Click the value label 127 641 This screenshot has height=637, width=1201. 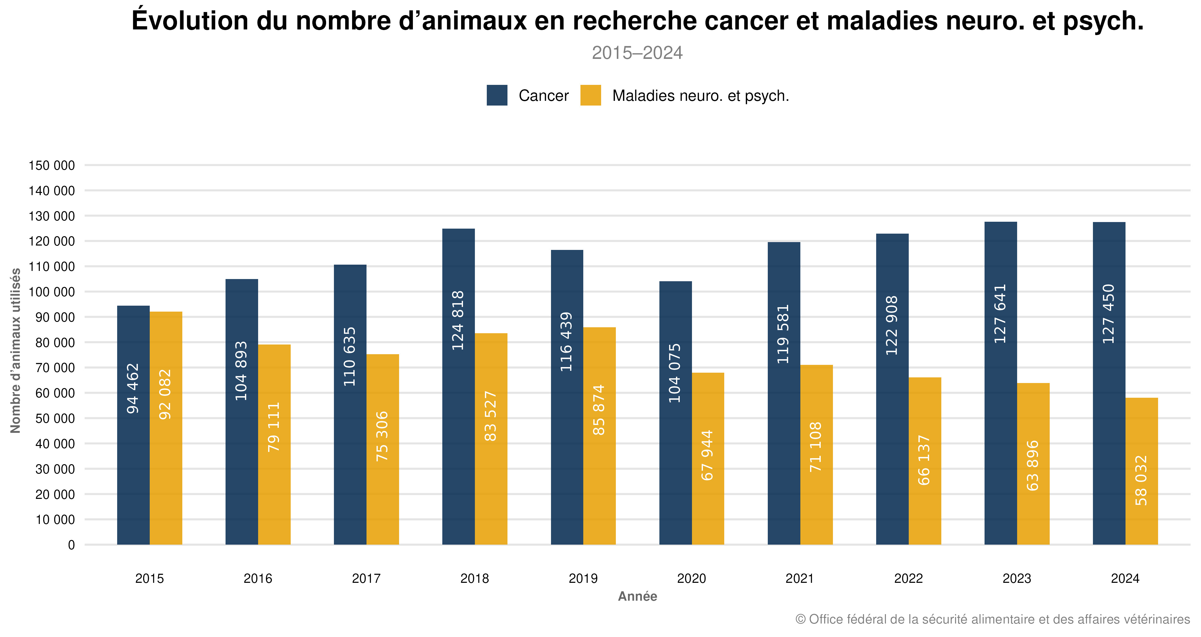pyautogui.click(x=1000, y=313)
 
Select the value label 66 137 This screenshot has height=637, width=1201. pyautogui.click(x=924, y=460)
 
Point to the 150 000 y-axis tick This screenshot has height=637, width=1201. pyautogui.click(x=52, y=165)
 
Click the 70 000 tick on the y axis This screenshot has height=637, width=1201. pyautogui.click(x=55, y=368)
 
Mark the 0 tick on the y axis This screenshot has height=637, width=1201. pyautogui.click(x=71, y=545)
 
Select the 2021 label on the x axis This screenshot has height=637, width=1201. pyautogui.click(x=800, y=578)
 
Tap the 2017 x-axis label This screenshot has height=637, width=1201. pyautogui.click(x=366, y=578)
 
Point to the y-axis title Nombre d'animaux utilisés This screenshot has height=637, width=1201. pyautogui.click(x=15, y=350)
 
